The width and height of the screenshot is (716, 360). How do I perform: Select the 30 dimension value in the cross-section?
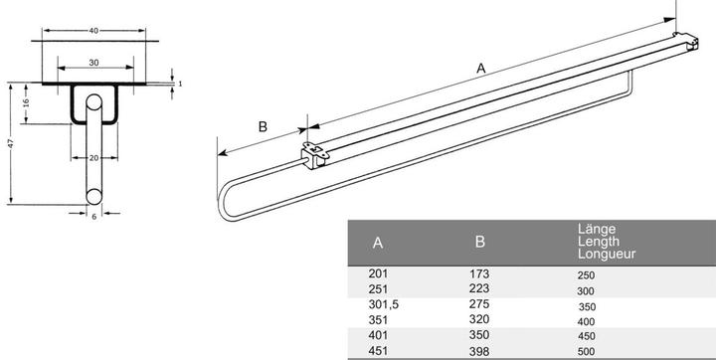click(94, 62)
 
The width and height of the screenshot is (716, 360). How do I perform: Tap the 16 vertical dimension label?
click(27, 103)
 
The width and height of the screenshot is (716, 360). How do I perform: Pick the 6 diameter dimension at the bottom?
click(94, 215)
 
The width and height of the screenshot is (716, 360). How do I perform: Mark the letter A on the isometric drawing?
click(481, 68)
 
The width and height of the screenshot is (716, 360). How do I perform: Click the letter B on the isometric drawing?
click(263, 126)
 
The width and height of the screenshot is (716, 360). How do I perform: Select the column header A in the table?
click(378, 242)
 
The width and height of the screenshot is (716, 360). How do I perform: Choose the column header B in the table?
click(480, 241)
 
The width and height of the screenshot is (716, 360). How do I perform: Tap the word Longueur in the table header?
click(607, 254)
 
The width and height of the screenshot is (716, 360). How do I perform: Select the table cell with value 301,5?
click(384, 304)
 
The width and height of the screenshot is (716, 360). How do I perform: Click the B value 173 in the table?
click(480, 272)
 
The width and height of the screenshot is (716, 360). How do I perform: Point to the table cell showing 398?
click(480, 352)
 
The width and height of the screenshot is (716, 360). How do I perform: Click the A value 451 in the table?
click(379, 352)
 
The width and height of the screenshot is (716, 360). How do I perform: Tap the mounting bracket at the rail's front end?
click(314, 155)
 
